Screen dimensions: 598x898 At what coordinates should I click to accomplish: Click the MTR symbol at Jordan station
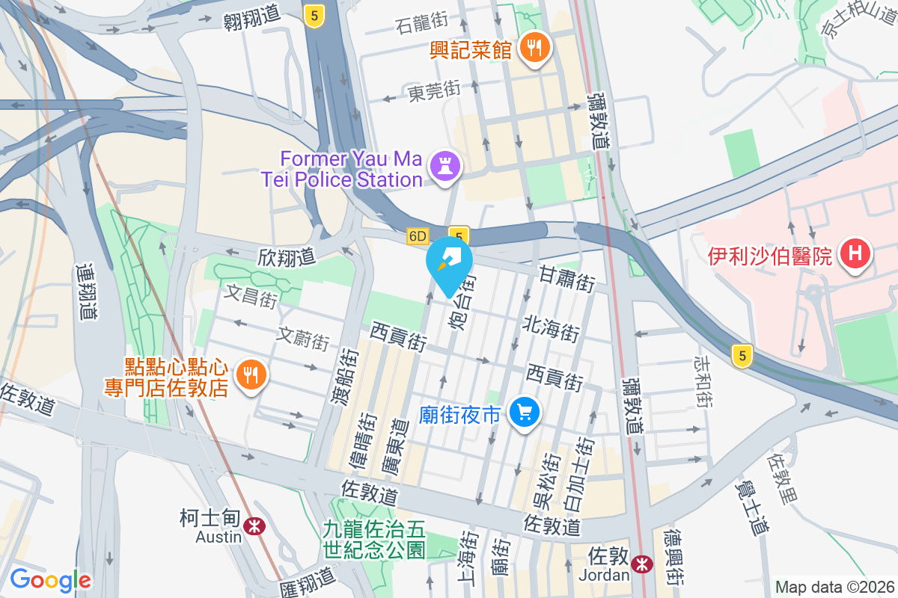coord(641,564)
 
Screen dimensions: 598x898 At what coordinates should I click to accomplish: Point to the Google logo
coord(50,580)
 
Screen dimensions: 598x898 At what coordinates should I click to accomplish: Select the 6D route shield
coord(418,236)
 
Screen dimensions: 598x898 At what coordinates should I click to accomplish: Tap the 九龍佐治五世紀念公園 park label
coord(374,540)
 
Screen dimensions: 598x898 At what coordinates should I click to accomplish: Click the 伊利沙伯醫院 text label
coord(769,256)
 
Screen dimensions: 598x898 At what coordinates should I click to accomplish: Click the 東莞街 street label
coord(434,92)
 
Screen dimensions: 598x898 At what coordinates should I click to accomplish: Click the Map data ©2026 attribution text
coord(834,587)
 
